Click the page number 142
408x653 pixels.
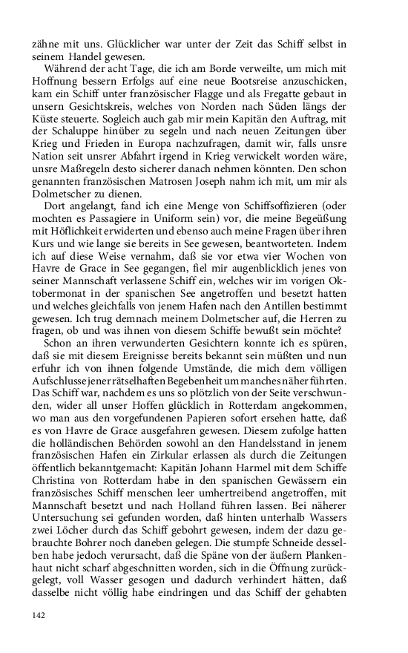pos(39,614)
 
